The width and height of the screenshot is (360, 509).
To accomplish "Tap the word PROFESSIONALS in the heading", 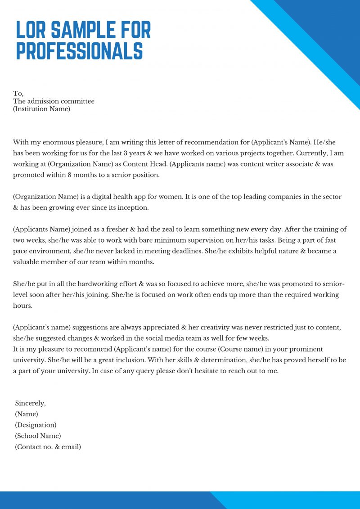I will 80,51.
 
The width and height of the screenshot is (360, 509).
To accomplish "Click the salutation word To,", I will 18,94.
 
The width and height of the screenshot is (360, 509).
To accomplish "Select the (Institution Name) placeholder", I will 41,109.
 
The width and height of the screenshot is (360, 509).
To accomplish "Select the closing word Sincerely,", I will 30,403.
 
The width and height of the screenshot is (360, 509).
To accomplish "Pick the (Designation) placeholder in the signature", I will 36,425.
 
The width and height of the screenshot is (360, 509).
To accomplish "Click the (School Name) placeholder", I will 38,436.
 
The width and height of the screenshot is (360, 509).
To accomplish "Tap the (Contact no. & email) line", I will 48,447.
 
